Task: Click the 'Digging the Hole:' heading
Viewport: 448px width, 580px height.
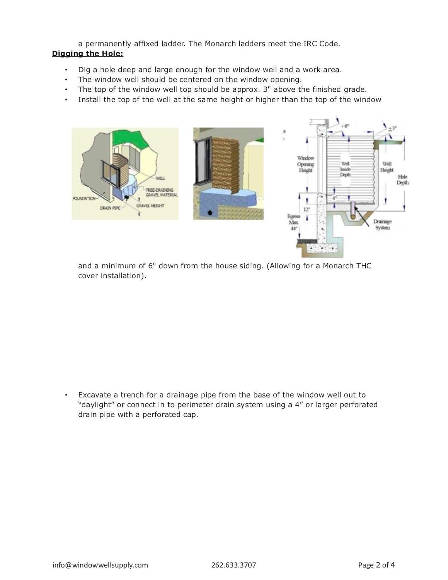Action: pos(87,54)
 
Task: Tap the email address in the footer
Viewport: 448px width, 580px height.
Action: pos(100,565)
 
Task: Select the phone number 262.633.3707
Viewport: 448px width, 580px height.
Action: pos(233,565)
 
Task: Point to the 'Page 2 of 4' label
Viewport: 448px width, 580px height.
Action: pos(376,565)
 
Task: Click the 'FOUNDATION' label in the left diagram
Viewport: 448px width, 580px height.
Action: pos(84,198)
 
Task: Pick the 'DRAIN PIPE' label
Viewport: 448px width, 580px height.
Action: pos(110,208)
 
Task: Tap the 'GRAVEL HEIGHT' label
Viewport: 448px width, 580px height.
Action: pos(150,206)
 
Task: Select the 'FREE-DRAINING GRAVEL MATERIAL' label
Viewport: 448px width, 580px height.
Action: pos(161,193)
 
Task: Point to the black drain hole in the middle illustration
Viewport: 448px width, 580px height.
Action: pos(210,213)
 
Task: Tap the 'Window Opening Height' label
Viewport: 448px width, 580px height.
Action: pos(305,164)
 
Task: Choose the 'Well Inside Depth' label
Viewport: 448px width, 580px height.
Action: pos(345,169)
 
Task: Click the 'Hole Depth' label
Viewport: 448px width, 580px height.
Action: pos(402,180)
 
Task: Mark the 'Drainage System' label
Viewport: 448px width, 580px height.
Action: pos(382,225)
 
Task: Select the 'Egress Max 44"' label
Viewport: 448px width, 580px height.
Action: pos(294,222)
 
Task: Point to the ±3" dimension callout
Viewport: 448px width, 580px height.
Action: pos(392,128)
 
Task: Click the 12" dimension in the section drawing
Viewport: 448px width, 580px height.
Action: pos(306,209)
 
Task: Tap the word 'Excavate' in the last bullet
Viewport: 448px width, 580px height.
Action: pos(94,395)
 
